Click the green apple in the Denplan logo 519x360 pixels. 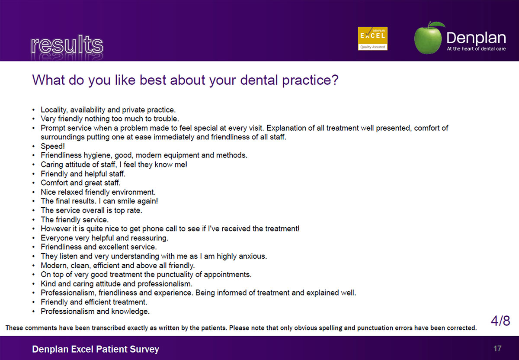pyautogui.click(x=429, y=38)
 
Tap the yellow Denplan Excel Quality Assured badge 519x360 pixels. pyautogui.click(x=372, y=39)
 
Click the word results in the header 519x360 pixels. pyautogui.click(x=67, y=45)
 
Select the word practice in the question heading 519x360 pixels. pyautogui.click(x=310, y=80)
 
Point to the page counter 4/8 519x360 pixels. pyautogui.click(x=500, y=321)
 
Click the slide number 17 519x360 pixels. pyautogui.click(x=497, y=349)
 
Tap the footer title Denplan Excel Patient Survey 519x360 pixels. pyautogui.click(x=96, y=349)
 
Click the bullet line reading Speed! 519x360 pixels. pyautogui.click(x=53, y=146)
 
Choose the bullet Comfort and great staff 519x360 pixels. pyautogui.click(x=80, y=183)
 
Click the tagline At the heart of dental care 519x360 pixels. pyautogui.click(x=476, y=49)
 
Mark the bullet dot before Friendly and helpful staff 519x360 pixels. pyautogui.click(x=34, y=174)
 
